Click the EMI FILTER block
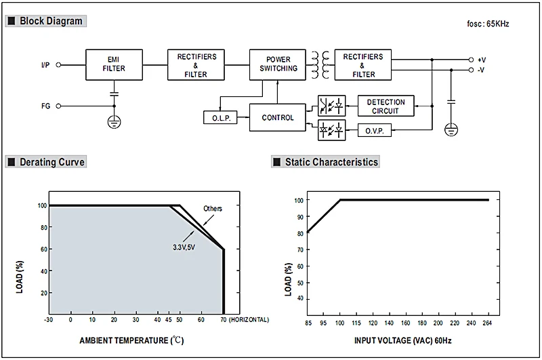(114, 64)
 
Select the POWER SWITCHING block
(278, 64)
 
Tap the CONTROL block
(278, 117)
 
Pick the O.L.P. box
(220, 118)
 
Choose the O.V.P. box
(375, 130)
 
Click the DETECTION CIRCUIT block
(385, 106)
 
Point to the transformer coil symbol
(320, 64)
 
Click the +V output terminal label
(482, 60)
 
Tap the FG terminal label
(45, 106)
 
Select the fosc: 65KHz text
(488, 24)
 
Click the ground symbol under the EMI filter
(114, 122)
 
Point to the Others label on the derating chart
(213, 209)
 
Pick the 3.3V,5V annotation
(184, 247)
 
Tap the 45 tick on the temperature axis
(168, 320)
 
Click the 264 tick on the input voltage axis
(487, 323)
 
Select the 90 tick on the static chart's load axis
(300, 217)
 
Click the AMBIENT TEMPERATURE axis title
(131, 340)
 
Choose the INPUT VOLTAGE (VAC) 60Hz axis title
(402, 340)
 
